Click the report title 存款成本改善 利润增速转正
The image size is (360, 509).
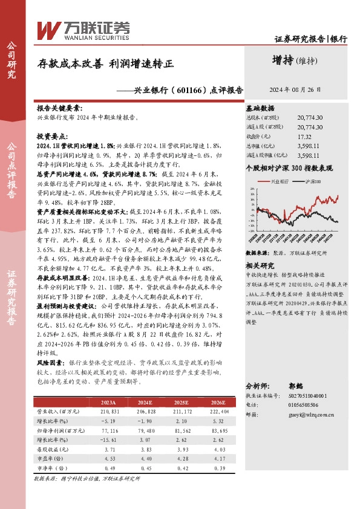point(106,63)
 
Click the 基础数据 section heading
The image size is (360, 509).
point(260,107)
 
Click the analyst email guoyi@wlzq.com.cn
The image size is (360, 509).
point(312,415)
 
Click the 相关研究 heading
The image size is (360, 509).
point(260,265)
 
